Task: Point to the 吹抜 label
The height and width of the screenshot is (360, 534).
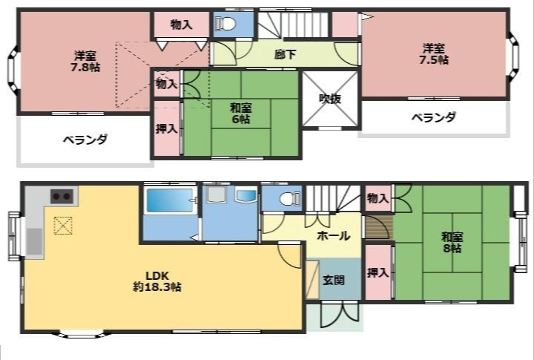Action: pyautogui.click(x=329, y=99)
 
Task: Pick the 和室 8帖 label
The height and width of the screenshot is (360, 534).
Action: pyautogui.click(x=452, y=243)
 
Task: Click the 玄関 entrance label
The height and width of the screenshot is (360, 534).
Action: pyautogui.click(x=332, y=281)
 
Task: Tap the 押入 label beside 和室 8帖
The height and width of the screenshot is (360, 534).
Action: pyautogui.click(x=378, y=272)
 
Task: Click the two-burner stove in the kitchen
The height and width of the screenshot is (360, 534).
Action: pyautogui.click(x=61, y=197)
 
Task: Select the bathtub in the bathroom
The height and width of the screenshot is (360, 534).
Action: pyautogui.click(x=169, y=202)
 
